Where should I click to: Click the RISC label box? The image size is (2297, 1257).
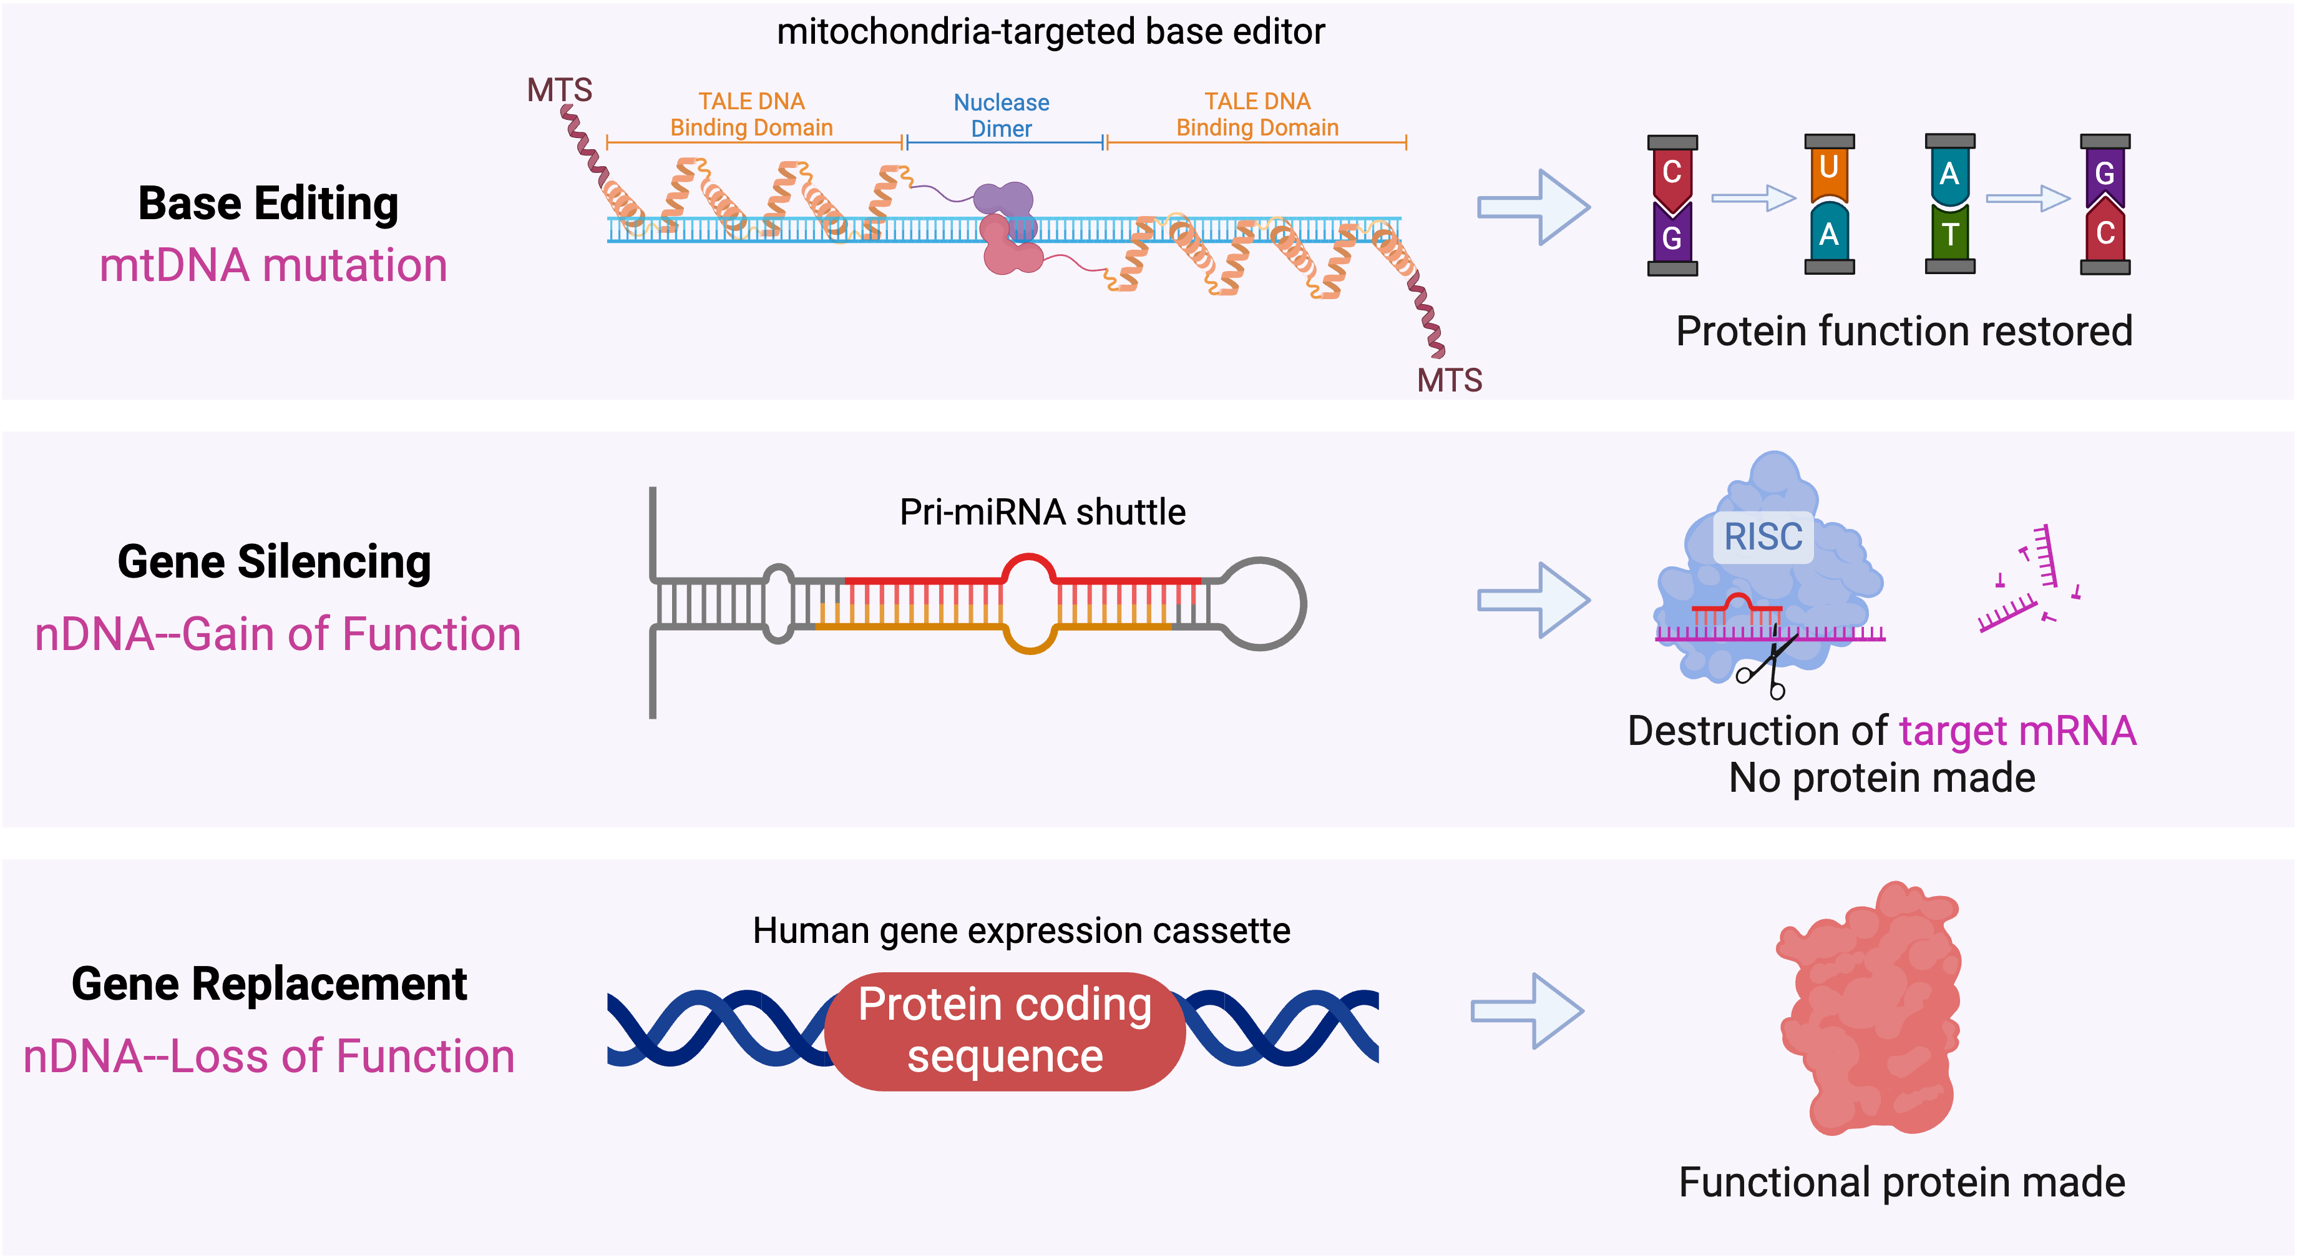click(1763, 537)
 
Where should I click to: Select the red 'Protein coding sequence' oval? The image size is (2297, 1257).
click(1005, 1032)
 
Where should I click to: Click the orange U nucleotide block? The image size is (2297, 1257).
click(1829, 169)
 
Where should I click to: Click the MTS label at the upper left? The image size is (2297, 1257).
click(559, 90)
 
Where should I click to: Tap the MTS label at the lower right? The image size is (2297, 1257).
click(1449, 381)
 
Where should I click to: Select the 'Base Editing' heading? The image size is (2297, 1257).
click(268, 204)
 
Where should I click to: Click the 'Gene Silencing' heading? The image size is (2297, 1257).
click(274, 562)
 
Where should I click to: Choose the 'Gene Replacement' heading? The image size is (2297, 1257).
click(270, 984)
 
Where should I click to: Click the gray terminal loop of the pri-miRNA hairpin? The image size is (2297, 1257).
click(1262, 604)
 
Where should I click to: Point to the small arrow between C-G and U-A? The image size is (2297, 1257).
click(1753, 198)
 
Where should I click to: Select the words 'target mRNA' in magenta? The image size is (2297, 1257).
click(2017, 731)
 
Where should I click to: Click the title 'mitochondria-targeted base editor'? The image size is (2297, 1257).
click(1050, 32)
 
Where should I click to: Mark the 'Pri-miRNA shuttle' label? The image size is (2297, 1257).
click(1042, 513)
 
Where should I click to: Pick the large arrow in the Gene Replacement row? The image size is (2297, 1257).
click(1526, 1011)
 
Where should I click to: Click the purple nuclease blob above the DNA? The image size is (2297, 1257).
click(1003, 200)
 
